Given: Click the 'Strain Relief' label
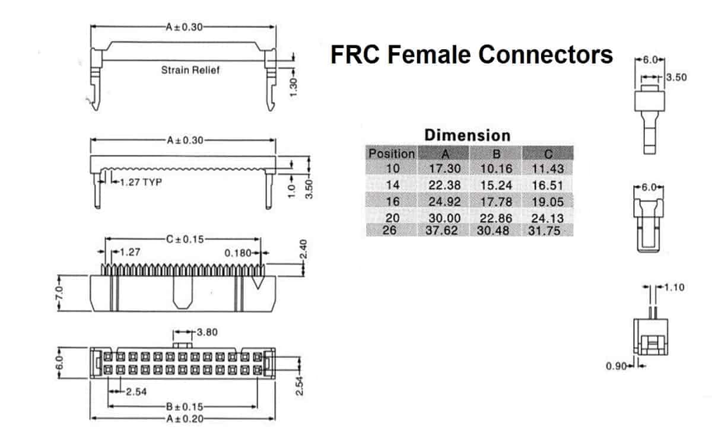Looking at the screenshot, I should point(190,71).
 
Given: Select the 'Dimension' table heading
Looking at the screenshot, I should point(467,135).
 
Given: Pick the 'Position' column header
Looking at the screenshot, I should point(392,154).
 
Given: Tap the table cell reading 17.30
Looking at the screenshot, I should point(445,169).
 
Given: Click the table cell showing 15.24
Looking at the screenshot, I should point(495,185).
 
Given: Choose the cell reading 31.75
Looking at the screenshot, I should point(545,231).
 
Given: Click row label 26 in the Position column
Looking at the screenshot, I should point(389,230).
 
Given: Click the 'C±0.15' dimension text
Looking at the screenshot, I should point(185,240).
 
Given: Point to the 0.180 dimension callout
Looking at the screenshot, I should point(237,253).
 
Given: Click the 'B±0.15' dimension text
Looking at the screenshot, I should point(185,407).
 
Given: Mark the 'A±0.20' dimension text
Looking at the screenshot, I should point(185,419).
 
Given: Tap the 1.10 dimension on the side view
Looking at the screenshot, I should point(675,288).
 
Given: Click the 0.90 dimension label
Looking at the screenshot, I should point(616,366).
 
